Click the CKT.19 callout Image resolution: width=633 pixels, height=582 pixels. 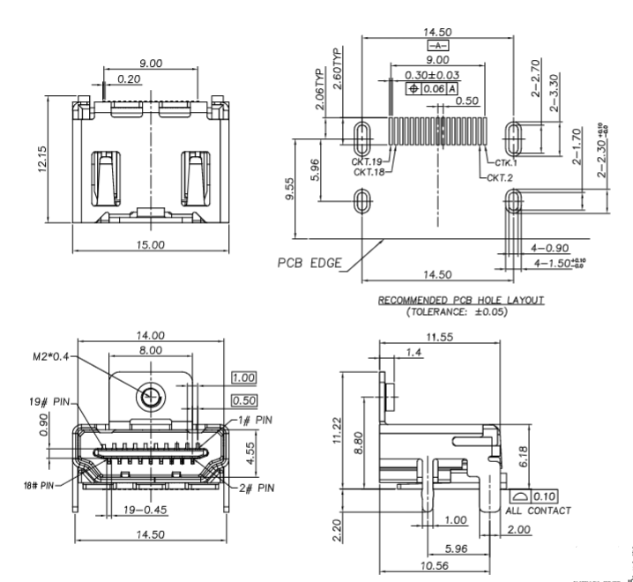[x=367, y=162]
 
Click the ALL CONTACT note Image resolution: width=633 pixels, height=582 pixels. [x=537, y=511]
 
